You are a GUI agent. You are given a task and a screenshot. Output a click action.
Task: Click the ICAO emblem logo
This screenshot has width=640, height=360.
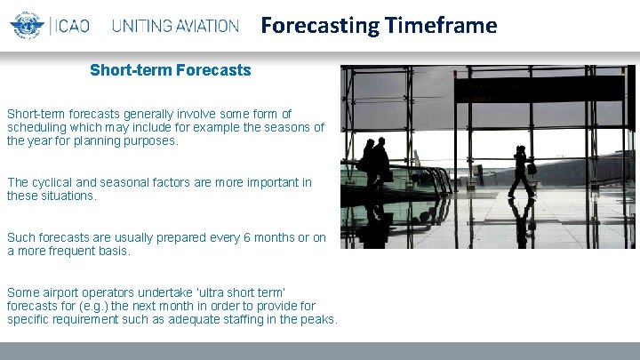point(28,25)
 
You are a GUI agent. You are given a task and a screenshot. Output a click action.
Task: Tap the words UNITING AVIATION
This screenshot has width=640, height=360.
point(175,26)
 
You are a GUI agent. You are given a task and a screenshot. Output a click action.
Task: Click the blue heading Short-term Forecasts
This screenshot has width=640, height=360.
point(170,69)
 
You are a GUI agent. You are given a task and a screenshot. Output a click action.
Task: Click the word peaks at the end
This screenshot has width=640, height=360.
point(317,319)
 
